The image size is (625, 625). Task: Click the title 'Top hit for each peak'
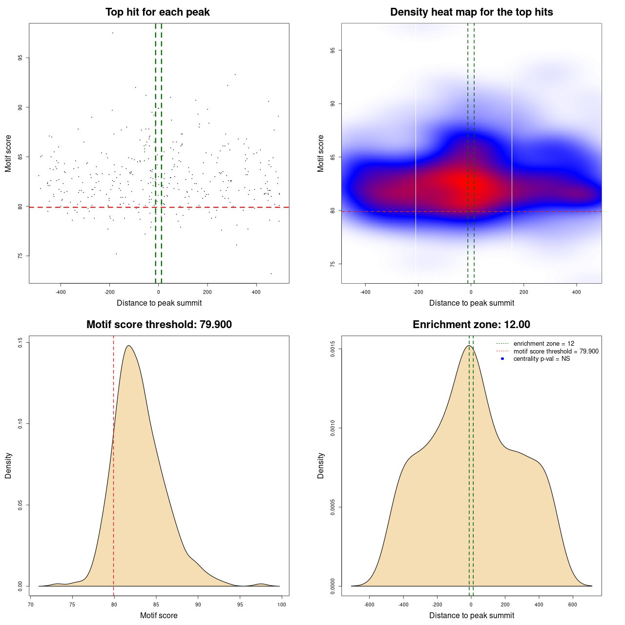tap(157, 12)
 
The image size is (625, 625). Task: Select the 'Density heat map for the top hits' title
tap(471, 12)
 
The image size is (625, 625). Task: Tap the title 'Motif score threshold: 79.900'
tap(159, 325)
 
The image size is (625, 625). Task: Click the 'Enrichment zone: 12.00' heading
tap(471, 325)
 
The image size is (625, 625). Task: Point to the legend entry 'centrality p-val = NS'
tap(542, 359)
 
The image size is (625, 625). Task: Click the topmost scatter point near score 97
tap(113, 33)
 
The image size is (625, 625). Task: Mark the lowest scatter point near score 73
tap(271, 273)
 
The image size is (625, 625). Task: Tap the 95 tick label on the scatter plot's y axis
tap(20, 58)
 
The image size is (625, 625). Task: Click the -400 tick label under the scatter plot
tap(61, 292)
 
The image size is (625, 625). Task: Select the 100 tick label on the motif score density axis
tap(282, 604)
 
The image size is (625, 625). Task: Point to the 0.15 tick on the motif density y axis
tap(20, 343)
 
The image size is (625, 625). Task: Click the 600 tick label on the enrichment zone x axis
tap(573, 604)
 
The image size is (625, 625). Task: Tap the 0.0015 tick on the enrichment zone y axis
tap(333, 349)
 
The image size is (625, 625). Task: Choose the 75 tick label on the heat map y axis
tap(333, 264)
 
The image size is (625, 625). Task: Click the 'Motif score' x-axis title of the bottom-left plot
tap(159, 615)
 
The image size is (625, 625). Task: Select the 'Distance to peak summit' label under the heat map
tap(471, 303)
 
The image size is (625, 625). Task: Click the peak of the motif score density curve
tap(128, 346)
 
